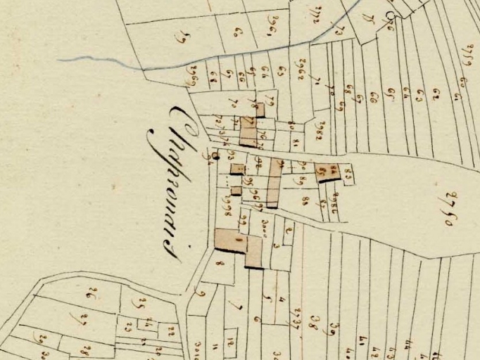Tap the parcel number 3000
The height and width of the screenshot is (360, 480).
(266, 225)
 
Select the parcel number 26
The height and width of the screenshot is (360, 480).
(89, 292)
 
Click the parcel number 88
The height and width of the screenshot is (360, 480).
(305, 201)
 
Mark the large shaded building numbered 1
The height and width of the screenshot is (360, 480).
(231, 240)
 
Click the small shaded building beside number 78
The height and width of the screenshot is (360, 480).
(260, 110)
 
